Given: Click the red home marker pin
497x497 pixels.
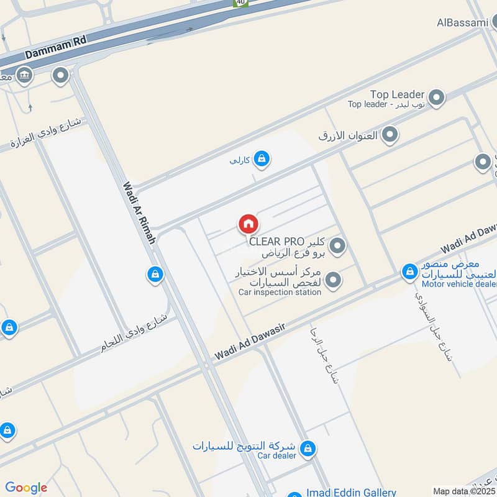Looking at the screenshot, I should (x=248, y=224).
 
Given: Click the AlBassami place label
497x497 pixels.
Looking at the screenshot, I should (x=463, y=22).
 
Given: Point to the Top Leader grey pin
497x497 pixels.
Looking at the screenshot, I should (x=437, y=97).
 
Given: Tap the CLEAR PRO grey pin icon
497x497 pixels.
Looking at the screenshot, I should (x=337, y=246).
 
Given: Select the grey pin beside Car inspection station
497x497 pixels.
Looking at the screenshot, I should (x=334, y=280).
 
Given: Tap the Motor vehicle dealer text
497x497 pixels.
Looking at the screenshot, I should (x=458, y=285).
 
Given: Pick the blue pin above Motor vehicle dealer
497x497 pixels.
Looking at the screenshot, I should (x=409, y=271).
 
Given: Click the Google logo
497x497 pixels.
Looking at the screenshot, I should (x=26, y=488).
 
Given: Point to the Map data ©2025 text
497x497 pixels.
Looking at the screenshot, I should (x=463, y=491).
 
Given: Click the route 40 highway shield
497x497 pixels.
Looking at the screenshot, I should (x=240, y=3).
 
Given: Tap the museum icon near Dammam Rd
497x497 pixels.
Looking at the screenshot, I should (x=24, y=76).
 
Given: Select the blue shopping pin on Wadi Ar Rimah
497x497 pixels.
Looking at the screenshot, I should (x=155, y=273).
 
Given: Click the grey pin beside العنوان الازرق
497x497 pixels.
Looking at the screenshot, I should (x=390, y=134).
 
